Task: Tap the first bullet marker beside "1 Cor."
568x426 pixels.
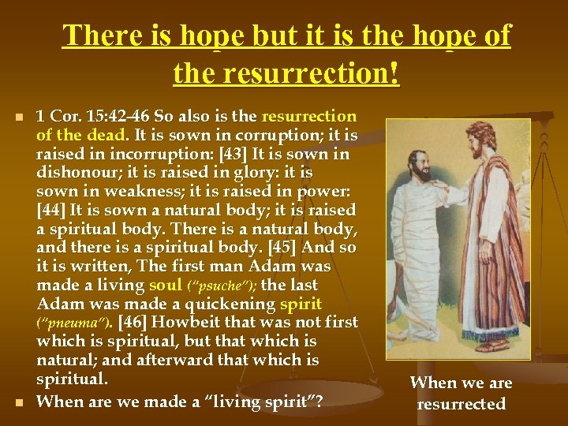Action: coord(20,118)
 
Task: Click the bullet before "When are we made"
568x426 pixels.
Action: coord(20,402)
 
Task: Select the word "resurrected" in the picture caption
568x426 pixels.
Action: coord(461,404)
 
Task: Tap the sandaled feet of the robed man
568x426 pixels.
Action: coord(492,345)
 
